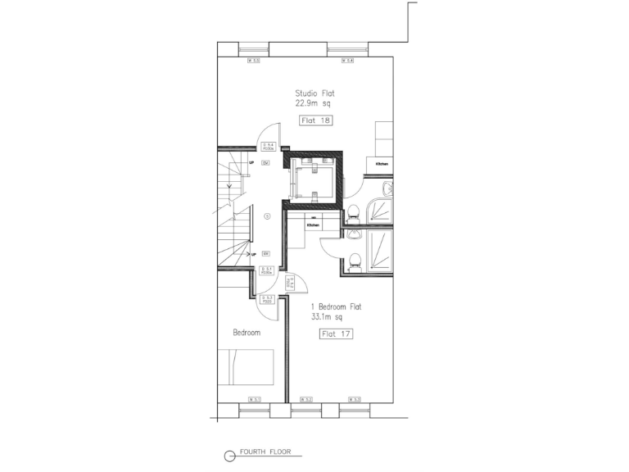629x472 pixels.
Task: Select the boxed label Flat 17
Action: point(336,334)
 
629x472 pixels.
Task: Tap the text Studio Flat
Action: point(315,93)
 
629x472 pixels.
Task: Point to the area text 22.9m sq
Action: point(315,104)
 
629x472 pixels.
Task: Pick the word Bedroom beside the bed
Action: point(247,333)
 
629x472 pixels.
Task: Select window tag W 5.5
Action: point(255,61)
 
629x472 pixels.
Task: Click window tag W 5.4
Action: point(347,61)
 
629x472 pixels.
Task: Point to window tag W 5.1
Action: point(255,399)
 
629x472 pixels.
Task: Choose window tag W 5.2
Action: point(306,399)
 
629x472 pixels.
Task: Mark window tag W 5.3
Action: point(354,399)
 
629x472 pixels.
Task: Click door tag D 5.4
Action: point(267,148)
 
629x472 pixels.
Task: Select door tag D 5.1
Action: point(266,270)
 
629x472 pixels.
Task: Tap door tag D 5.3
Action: point(266,299)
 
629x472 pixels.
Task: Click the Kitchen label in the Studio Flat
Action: point(382,165)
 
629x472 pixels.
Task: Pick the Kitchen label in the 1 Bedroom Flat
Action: point(313,225)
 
